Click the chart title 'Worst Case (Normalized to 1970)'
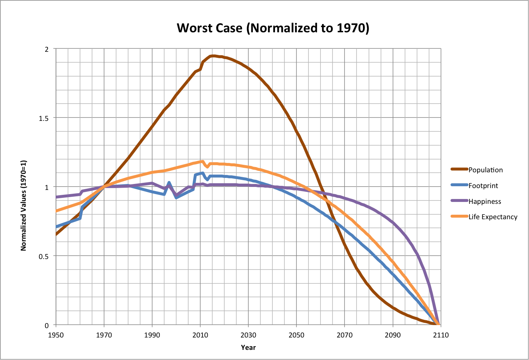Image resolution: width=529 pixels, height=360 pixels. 273,28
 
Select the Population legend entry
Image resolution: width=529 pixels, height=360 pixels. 485,170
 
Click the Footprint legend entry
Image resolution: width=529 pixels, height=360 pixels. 483,186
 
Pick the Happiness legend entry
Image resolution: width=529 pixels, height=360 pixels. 484,202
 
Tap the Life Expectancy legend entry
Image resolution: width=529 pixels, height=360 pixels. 493,217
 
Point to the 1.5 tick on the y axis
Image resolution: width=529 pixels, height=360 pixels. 44,118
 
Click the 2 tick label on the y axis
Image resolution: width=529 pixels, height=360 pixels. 47,49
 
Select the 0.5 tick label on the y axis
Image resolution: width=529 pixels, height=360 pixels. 44,256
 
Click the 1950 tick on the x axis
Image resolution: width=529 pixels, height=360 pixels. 56,335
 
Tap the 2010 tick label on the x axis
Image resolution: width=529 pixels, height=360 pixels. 200,335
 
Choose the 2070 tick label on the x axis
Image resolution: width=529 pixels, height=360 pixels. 345,335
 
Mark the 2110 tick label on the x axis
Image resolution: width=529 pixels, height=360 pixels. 440,335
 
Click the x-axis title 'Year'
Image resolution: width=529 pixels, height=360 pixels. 248,348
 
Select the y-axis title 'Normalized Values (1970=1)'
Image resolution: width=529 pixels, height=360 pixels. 24,205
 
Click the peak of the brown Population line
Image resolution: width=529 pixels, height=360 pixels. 212,56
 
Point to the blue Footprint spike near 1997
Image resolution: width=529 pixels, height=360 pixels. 169,183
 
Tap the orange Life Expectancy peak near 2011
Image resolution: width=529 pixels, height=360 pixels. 202,161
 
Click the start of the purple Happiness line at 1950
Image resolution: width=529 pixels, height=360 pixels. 56,197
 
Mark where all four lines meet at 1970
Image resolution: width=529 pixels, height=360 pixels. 104,187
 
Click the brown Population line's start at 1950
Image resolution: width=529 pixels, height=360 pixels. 56,234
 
